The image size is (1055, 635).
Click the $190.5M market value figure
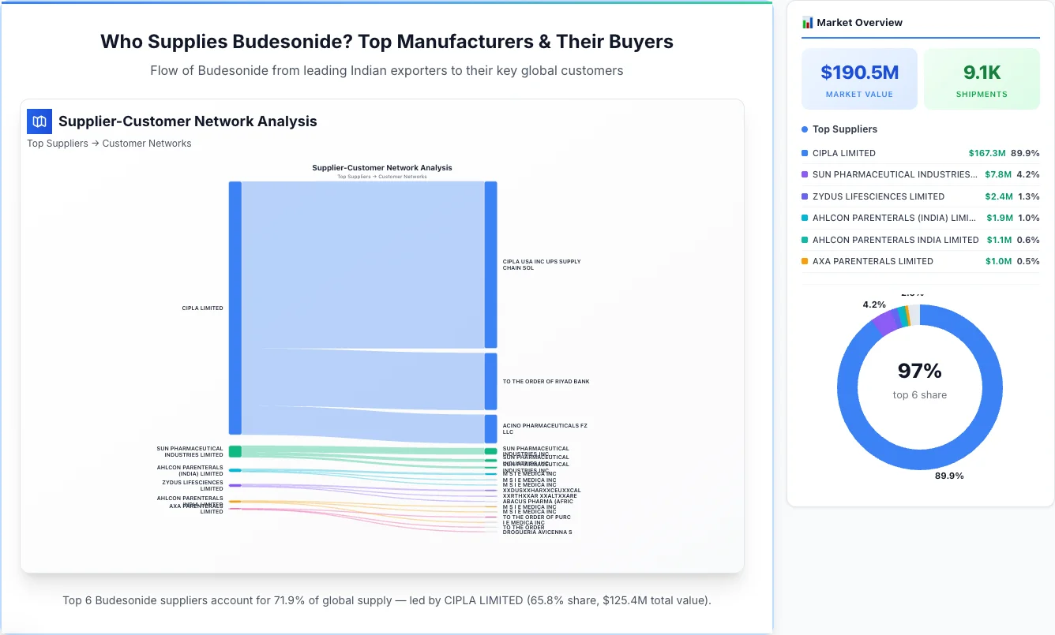pos(859,73)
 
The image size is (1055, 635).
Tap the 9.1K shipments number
pos(982,73)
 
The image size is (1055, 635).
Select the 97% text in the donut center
pos(919,371)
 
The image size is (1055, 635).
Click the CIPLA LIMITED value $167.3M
pos(986,153)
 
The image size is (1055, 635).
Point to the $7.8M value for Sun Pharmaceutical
pos(997,174)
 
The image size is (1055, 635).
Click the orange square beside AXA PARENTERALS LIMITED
pos(805,261)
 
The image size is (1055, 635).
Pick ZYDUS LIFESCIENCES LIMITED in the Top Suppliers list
pos(878,196)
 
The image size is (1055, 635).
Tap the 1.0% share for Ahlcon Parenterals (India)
pos(1028,218)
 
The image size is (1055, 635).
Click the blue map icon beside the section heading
pos(39,121)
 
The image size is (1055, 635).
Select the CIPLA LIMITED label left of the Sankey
pos(202,308)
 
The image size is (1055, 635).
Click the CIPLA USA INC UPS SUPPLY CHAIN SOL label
pos(541,264)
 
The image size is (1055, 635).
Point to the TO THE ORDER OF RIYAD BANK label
pos(546,382)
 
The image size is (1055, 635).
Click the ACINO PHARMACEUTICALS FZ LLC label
pos(544,429)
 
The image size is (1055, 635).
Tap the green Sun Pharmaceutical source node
pos(235,451)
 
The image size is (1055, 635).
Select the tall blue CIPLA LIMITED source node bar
pos(235,308)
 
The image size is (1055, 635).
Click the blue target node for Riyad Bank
pos(490,381)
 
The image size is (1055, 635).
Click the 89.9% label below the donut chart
pos(949,476)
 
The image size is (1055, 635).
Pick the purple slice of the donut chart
pos(886,321)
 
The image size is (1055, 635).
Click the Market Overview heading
pos(859,23)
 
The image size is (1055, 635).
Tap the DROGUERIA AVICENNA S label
pos(537,532)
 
